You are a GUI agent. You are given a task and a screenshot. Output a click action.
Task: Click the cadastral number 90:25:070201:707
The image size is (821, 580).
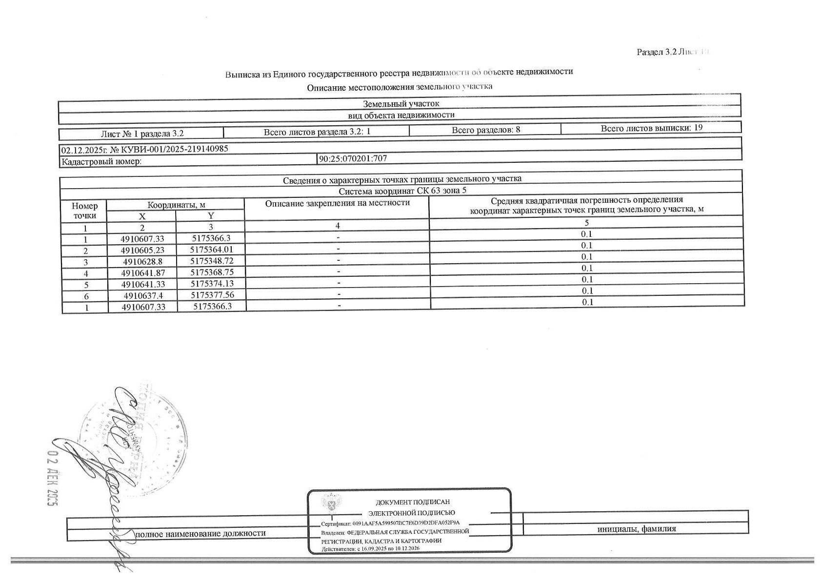tap(353, 158)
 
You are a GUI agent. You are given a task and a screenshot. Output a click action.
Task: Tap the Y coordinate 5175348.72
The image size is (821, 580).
tap(210, 261)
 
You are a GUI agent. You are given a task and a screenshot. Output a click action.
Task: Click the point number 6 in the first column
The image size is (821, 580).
tap(86, 296)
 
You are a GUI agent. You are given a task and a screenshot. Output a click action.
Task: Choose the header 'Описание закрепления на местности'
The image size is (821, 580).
tap(337, 203)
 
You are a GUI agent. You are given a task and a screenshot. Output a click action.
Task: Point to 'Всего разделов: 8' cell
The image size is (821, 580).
tap(485, 130)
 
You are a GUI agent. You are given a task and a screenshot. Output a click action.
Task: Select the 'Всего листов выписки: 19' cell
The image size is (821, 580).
tap(651, 128)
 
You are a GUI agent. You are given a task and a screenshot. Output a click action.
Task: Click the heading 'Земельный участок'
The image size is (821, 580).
tap(401, 104)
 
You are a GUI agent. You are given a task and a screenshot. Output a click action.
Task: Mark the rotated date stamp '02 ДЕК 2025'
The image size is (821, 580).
tap(52, 477)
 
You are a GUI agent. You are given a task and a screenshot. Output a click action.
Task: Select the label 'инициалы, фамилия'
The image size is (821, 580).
tap(637, 529)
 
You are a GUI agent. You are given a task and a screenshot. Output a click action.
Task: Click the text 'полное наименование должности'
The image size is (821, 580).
tap(200, 533)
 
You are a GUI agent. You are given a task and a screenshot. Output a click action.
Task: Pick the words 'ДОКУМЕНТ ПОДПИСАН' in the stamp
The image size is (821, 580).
tap(413, 502)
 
